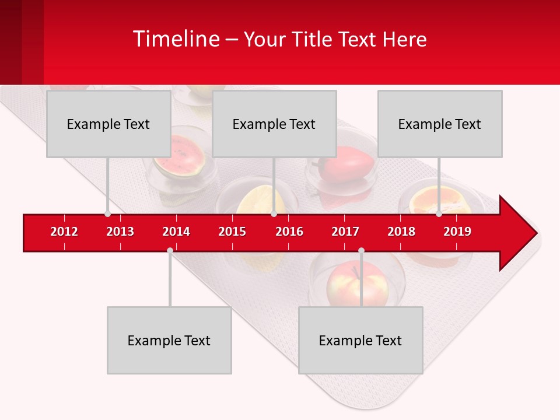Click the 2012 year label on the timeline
64,232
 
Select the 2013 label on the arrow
120,232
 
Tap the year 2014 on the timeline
176,232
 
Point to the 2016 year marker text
289,232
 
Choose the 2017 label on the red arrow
345,232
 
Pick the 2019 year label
457,232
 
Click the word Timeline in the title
175,39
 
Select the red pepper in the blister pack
344,164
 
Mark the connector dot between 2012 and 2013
107,214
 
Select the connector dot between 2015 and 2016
274,214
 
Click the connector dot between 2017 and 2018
361,251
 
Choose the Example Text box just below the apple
360,340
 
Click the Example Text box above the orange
439,124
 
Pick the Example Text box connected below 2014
169,340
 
